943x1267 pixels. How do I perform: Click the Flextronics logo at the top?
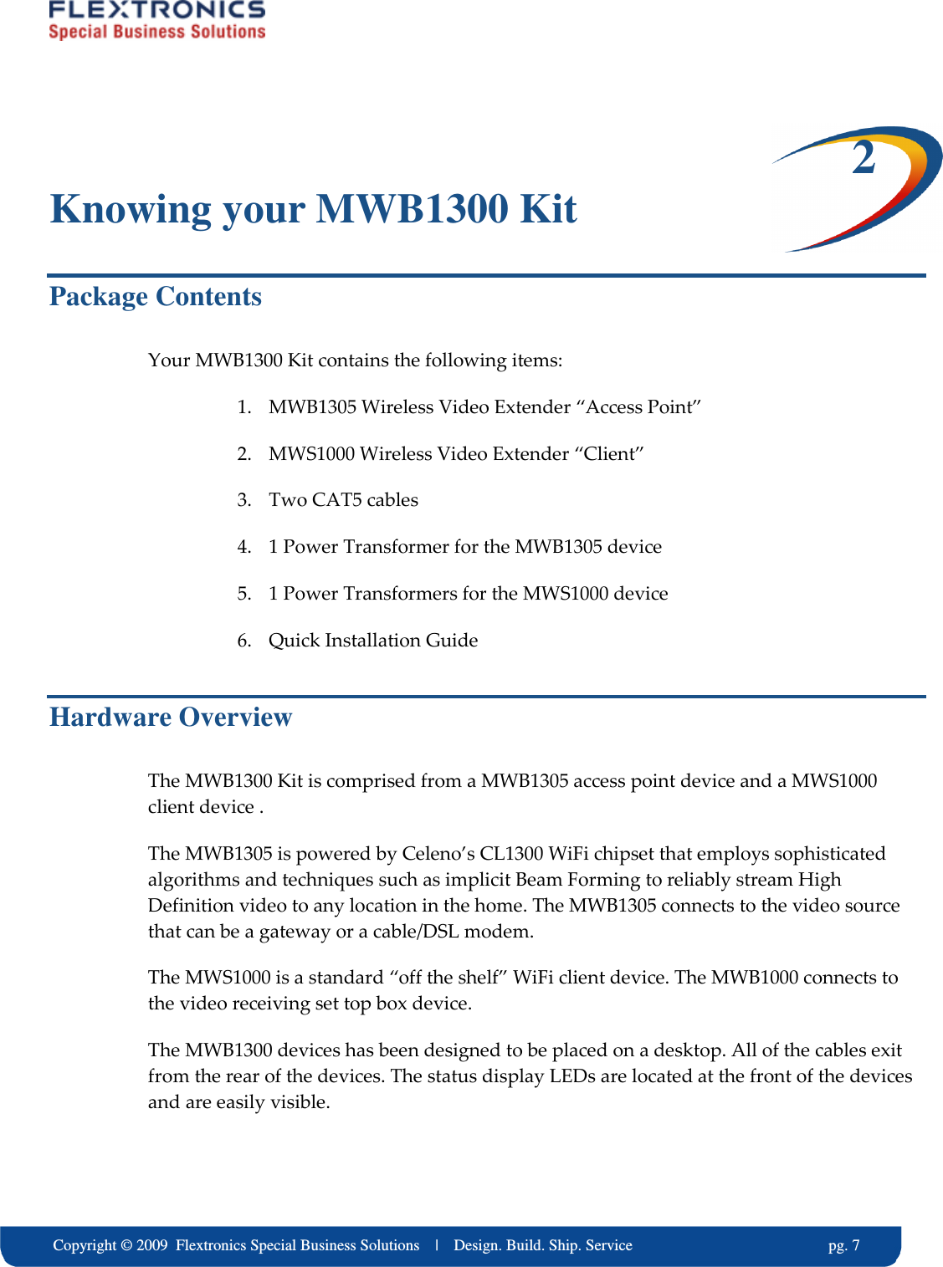156,20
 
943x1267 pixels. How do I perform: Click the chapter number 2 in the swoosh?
864,158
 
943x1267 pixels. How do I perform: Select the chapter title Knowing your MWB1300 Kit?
313,209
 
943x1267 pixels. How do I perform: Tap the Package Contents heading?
156,297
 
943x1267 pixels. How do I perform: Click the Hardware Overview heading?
171,718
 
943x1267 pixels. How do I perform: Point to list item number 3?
243,500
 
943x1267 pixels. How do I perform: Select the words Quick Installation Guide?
373,641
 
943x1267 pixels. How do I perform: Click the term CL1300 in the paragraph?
513,854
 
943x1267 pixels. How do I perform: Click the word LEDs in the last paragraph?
571,1076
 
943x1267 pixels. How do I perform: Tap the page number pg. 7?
843,1245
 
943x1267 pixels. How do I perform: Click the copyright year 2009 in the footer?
152,1245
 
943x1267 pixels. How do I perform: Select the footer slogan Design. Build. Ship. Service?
542,1245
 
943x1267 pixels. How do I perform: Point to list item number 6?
243,641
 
